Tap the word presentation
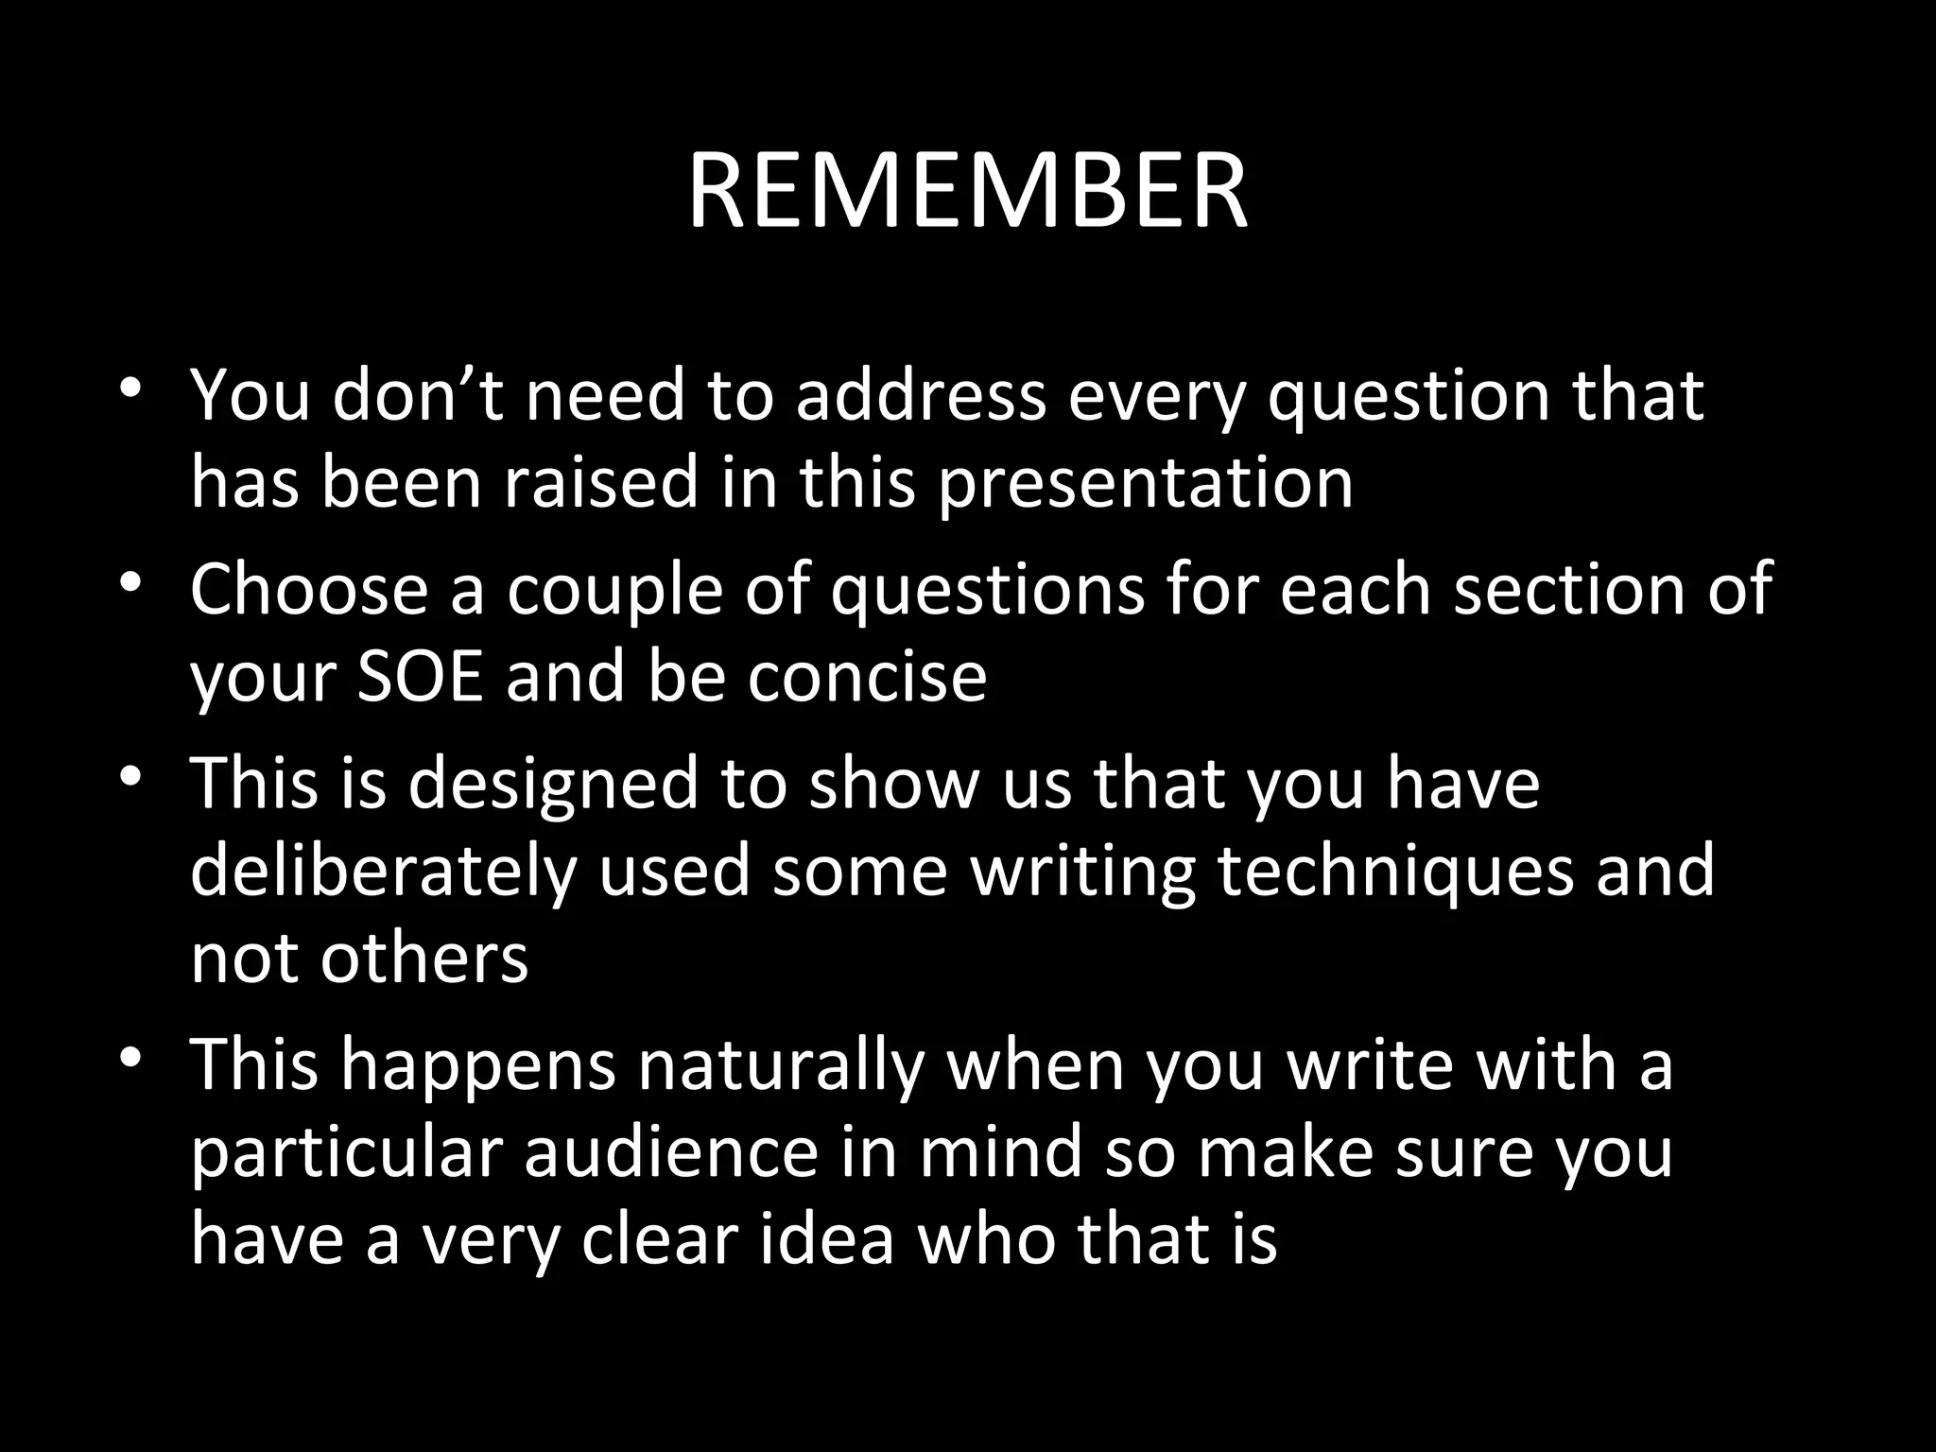tap(1145, 484)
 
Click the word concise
tap(867, 677)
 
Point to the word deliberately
tap(383, 872)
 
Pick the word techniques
tap(1395, 872)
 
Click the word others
tap(423, 959)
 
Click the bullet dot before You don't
tap(131, 389)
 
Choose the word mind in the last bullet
tap(999, 1153)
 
